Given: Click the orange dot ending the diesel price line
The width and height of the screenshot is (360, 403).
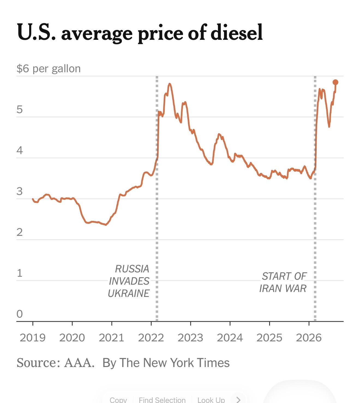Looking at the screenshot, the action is [x=335, y=82].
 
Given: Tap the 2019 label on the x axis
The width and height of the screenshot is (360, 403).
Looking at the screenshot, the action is [x=33, y=338].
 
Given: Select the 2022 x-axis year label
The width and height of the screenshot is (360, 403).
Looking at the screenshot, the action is [x=151, y=338].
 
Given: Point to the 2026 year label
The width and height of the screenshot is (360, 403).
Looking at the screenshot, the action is [x=309, y=338].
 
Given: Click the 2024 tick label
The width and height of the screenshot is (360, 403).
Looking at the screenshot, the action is [x=230, y=338].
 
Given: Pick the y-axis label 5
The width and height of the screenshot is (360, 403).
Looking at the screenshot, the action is [x=20, y=109].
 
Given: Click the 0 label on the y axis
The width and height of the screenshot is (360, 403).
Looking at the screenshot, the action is [x=20, y=314].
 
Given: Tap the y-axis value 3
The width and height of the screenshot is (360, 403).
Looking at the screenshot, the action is [x=20, y=191].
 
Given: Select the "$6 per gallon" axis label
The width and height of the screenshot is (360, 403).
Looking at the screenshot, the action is [x=49, y=69].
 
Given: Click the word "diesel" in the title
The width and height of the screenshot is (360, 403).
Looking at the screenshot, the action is [x=237, y=32].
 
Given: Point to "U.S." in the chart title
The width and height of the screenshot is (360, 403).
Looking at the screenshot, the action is [x=36, y=32].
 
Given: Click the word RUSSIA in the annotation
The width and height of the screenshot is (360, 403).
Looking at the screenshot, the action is [x=132, y=269].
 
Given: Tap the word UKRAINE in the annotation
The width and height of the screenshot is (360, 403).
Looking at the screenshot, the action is [x=129, y=293].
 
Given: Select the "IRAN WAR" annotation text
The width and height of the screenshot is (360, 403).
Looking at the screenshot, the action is [x=283, y=288].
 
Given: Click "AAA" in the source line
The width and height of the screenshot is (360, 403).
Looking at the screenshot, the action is [x=79, y=363].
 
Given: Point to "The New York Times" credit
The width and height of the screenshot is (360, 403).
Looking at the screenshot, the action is [x=175, y=363].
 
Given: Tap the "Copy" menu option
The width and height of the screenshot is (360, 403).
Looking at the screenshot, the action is [x=118, y=399].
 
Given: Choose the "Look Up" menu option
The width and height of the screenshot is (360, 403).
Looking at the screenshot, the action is [x=211, y=399].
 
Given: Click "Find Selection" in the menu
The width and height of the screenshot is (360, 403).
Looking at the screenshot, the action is [x=162, y=399].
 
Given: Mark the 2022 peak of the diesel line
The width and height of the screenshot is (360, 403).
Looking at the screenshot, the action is [x=170, y=83].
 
